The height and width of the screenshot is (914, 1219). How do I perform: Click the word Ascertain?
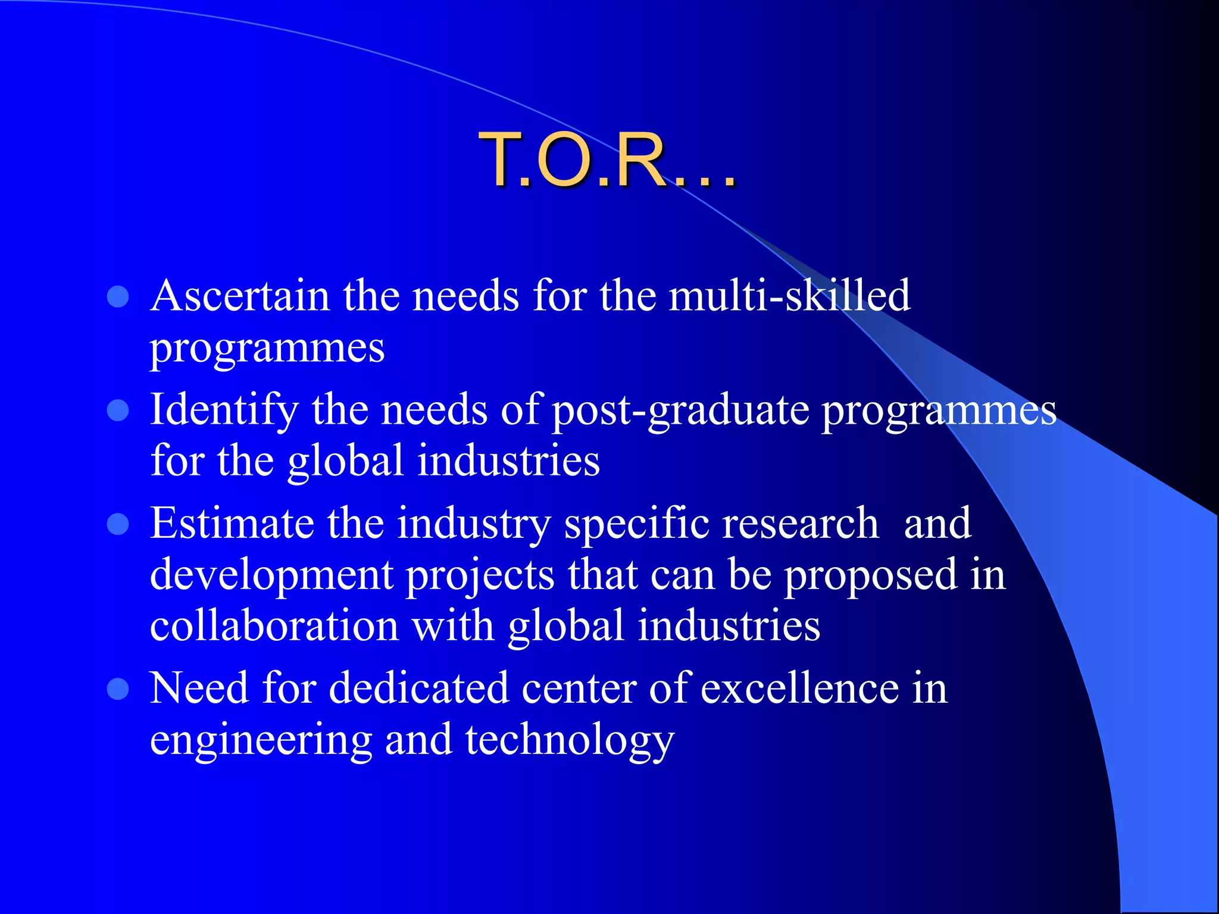pyautogui.click(x=240, y=296)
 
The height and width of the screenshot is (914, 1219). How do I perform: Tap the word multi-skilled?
pyautogui.click(x=789, y=296)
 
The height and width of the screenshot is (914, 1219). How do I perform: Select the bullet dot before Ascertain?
pyautogui.click(x=118, y=296)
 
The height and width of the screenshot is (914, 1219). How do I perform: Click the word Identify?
pyautogui.click(x=224, y=411)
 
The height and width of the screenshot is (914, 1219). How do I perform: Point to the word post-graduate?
pyautogui.click(x=680, y=411)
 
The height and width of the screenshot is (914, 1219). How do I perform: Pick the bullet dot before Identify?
pyautogui.click(x=118, y=410)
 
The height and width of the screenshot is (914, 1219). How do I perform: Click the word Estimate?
pyautogui.click(x=232, y=524)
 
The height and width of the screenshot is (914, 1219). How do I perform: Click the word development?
pyautogui.click(x=271, y=576)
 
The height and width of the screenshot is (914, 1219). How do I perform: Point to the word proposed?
pyautogui.click(x=870, y=576)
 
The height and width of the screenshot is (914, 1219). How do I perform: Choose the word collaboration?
pyautogui.click(x=274, y=627)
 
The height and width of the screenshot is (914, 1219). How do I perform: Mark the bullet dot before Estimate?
pyautogui.click(x=118, y=524)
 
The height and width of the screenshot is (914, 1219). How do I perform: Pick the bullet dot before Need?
pyautogui.click(x=118, y=689)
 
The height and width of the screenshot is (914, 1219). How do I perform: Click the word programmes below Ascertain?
pyautogui.click(x=267, y=348)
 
